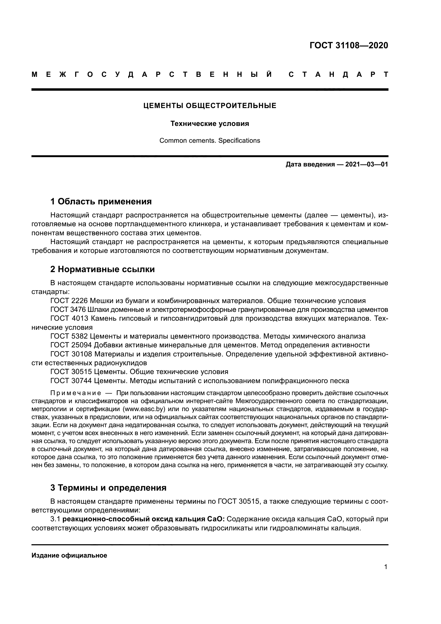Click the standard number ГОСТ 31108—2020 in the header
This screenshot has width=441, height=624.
click(x=349, y=45)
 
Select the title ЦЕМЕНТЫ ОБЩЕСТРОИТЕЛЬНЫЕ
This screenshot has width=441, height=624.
click(x=210, y=106)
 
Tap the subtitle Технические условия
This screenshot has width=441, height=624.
click(x=210, y=124)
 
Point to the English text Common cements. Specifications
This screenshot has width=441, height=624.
click(x=210, y=141)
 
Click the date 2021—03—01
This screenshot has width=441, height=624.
click(x=367, y=164)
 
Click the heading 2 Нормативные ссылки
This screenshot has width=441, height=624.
click(x=102, y=269)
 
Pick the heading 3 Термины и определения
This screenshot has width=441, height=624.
click(x=108, y=488)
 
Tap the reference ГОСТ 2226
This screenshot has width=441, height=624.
click(x=69, y=301)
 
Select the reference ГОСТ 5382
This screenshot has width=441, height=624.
click(x=69, y=336)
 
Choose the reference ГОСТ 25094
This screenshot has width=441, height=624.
click(x=71, y=345)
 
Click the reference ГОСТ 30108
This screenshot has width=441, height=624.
click(x=71, y=354)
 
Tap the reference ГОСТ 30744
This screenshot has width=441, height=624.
click(x=71, y=381)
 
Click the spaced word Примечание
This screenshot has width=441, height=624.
click(x=76, y=393)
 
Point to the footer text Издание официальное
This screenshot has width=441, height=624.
click(x=69, y=555)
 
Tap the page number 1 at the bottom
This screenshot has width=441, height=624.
click(x=386, y=567)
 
